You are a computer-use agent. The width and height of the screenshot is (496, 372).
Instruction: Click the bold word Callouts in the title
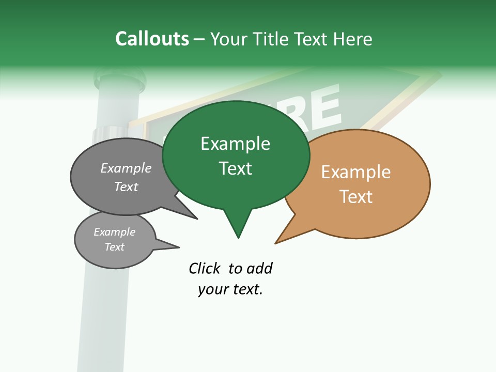[152, 39]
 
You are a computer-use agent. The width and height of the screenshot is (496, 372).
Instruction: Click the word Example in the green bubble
[235, 144]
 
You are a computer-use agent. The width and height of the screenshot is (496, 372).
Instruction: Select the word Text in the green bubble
[235, 168]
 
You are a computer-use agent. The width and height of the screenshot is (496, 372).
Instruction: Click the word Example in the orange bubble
[356, 172]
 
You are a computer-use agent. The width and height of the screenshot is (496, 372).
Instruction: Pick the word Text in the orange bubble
[356, 197]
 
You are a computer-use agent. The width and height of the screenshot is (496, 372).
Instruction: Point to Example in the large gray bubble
[126, 168]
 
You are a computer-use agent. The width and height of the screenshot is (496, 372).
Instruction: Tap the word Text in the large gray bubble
[126, 187]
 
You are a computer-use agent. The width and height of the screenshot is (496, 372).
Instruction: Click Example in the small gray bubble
[114, 232]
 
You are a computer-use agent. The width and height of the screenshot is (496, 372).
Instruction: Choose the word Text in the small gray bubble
[114, 247]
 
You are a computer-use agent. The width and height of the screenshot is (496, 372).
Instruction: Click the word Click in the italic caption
[204, 269]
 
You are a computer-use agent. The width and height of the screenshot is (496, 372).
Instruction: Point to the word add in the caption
[259, 269]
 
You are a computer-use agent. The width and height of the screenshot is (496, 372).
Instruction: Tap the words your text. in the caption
[230, 290]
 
